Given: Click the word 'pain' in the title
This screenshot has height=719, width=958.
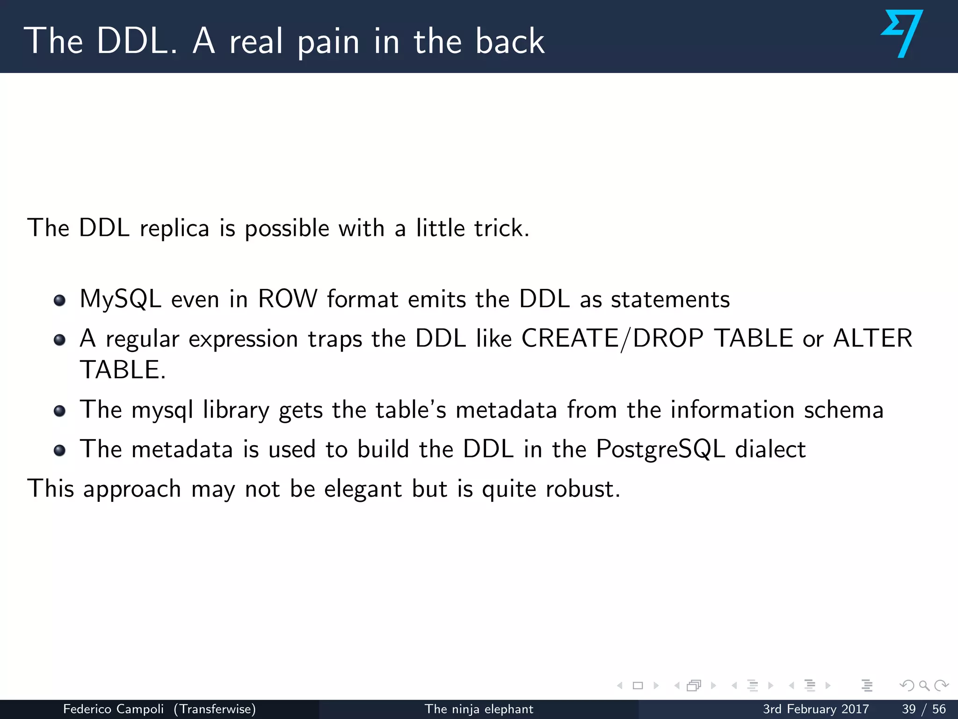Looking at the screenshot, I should click(328, 42).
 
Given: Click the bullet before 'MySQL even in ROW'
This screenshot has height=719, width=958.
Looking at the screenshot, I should click(59, 300).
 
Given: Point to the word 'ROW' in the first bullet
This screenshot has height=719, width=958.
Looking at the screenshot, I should click(288, 299).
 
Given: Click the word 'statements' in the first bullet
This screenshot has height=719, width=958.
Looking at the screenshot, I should click(670, 299).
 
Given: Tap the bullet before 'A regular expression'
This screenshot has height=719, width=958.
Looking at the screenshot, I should click(59, 339).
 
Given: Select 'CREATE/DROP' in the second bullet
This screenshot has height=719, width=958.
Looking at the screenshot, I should click(612, 338).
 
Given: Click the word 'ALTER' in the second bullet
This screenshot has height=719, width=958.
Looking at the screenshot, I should click(873, 338).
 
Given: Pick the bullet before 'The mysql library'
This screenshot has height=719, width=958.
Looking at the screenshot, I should click(59, 411).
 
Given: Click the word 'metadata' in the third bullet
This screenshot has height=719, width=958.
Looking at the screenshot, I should click(506, 410).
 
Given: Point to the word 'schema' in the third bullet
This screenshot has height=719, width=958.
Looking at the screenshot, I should click(843, 410).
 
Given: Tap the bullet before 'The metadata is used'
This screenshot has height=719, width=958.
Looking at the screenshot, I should click(59, 450).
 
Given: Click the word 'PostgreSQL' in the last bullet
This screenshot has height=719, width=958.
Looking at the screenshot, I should click(660, 449).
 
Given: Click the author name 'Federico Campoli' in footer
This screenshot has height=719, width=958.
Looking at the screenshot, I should click(113, 709).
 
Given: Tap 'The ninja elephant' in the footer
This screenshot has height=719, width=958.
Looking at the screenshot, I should click(479, 709).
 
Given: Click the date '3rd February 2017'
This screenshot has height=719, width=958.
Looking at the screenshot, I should click(815, 709).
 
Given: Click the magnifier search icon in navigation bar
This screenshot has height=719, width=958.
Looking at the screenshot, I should click(924, 686).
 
